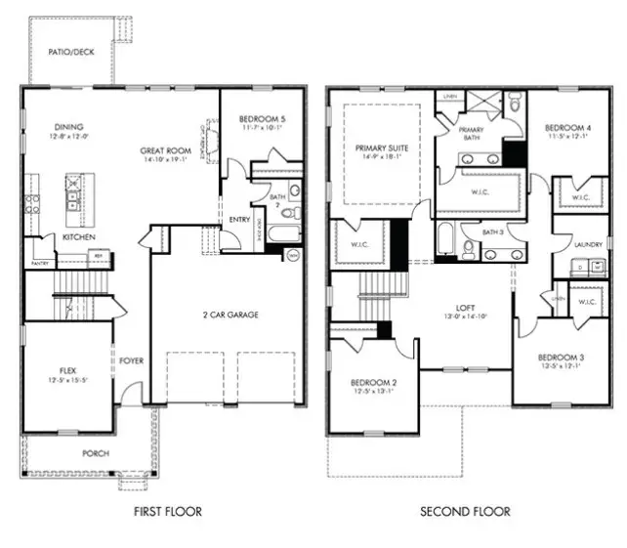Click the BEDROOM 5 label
(x=265, y=119)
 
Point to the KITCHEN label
(x=78, y=237)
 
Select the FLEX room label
(x=68, y=370)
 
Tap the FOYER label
(x=132, y=360)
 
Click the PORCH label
(x=95, y=453)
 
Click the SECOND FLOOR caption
(x=465, y=511)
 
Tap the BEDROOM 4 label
(x=567, y=128)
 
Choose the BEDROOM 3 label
(x=561, y=358)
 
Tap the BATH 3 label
(x=493, y=232)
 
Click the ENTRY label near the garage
(x=239, y=220)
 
